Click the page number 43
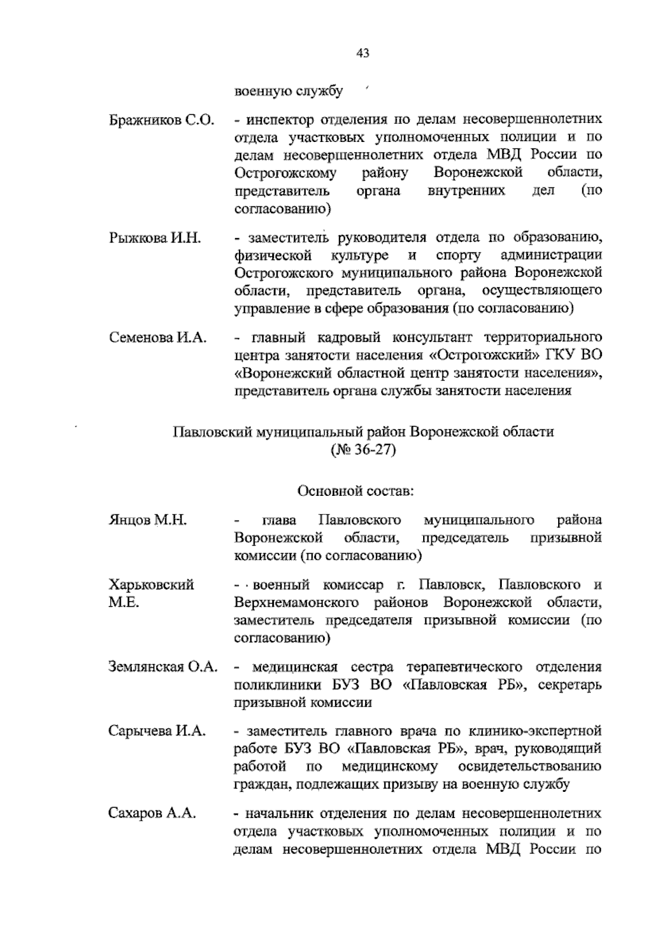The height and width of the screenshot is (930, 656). click(363, 53)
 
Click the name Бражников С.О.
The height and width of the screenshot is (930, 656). click(161, 120)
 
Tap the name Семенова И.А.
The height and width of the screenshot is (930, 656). click(158, 337)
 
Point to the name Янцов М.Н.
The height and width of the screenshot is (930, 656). click(148, 520)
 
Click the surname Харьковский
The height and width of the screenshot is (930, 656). click(151, 585)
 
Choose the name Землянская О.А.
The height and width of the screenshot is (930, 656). click(163, 667)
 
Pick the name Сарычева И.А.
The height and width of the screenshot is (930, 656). click(157, 731)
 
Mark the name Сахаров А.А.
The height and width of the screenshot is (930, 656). click(152, 814)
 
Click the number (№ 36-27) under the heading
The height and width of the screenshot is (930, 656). click(363, 451)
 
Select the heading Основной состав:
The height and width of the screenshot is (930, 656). click(356, 491)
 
